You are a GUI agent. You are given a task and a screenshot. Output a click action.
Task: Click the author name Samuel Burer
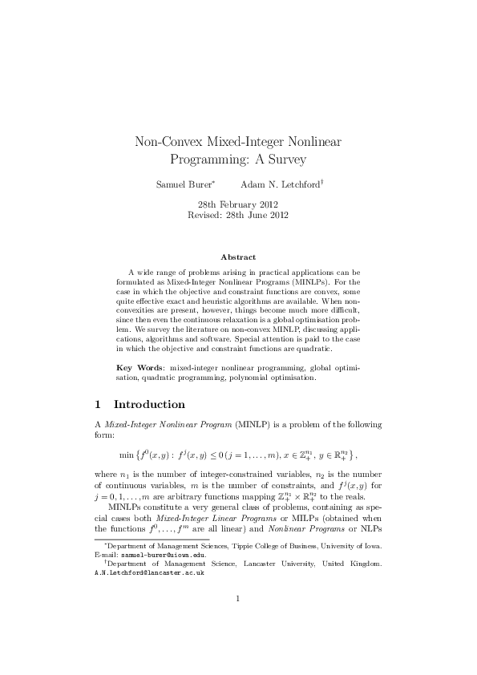(x=180, y=184)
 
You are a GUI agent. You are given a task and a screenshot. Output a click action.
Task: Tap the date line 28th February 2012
(x=237, y=204)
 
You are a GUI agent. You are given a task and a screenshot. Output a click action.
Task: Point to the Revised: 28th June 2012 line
(x=237, y=215)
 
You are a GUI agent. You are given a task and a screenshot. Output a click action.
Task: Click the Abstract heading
(x=238, y=257)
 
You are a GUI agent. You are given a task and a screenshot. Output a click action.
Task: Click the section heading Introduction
(x=149, y=404)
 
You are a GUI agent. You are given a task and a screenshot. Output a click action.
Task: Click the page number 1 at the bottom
(x=238, y=620)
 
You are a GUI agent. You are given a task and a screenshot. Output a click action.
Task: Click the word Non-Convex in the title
(x=165, y=142)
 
